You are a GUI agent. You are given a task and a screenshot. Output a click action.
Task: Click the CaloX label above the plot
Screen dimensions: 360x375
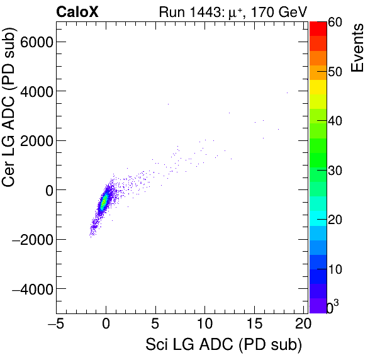77,11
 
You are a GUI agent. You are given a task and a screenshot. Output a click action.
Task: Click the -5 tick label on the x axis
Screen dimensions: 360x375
55,324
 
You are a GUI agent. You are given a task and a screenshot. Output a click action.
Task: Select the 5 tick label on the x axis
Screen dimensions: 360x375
155,324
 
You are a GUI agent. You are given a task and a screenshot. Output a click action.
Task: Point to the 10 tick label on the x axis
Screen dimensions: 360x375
205,324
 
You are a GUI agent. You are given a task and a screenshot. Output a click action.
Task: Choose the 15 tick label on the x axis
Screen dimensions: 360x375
254,324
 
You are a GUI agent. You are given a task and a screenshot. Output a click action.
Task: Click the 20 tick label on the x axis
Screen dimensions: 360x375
303,324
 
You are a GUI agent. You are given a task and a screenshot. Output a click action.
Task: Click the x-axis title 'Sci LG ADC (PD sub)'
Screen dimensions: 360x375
223,345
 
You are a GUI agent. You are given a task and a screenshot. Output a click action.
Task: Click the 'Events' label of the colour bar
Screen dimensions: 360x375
357,48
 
